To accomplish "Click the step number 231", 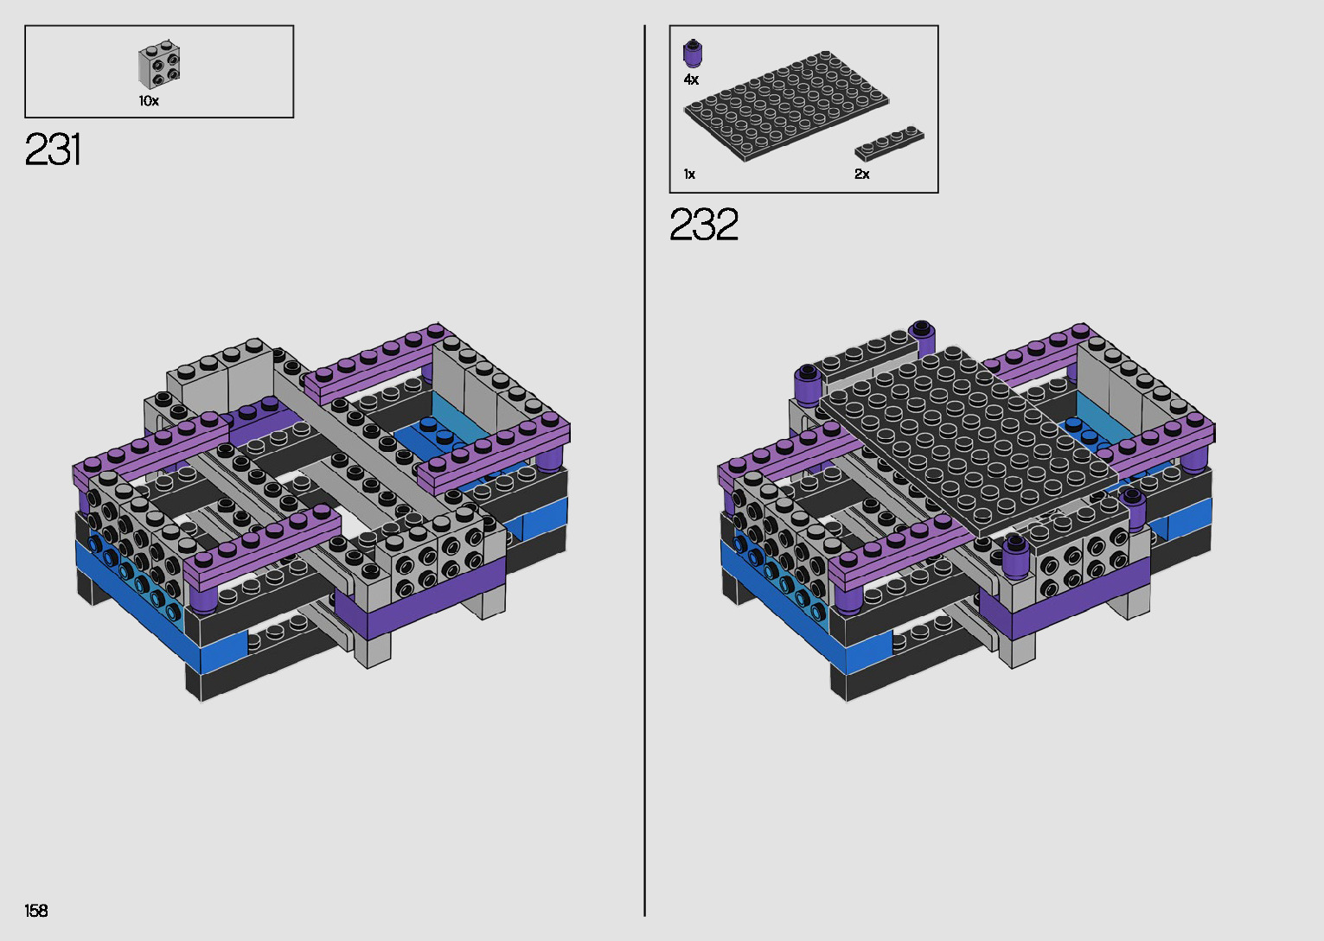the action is coord(53,149).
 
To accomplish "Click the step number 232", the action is coord(703,224).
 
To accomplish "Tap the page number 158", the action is coord(36,910).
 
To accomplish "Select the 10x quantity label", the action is coord(149,101).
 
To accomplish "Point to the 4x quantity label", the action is coord(691,79).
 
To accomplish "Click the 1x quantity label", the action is coord(689,175).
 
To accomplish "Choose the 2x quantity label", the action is coord(862,175).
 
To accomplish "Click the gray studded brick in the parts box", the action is coord(159,65).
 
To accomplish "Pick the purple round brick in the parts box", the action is coord(692,54).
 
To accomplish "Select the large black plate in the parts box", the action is coord(786,105).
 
